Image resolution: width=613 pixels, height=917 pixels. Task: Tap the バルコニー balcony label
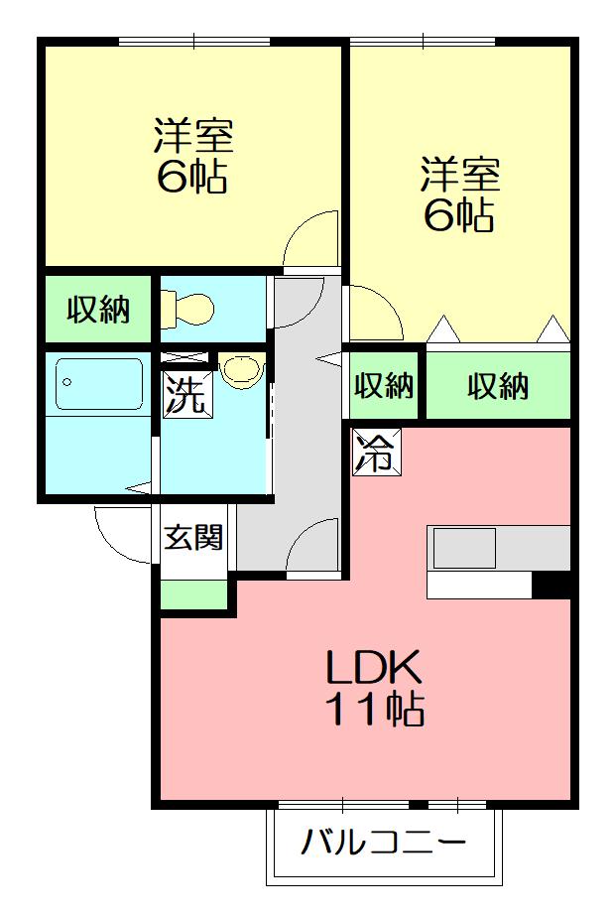coord(383,845)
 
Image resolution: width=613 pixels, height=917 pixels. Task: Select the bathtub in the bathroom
coord(99,384)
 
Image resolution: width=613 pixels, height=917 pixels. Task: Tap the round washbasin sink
coord(241,370)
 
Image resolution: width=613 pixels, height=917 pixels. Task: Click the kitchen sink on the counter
coord(462,548)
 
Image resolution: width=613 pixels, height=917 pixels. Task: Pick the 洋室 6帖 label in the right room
coord(458,195)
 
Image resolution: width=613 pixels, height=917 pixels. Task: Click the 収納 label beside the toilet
coord(98,311)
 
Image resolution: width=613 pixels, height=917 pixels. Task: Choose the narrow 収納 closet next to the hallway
coord(385,385)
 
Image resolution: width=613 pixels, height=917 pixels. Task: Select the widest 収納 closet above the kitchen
coord(498,385)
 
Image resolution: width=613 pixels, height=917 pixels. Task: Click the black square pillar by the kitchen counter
coord(552,587)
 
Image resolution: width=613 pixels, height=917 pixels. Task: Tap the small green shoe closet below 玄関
coord(193,595)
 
